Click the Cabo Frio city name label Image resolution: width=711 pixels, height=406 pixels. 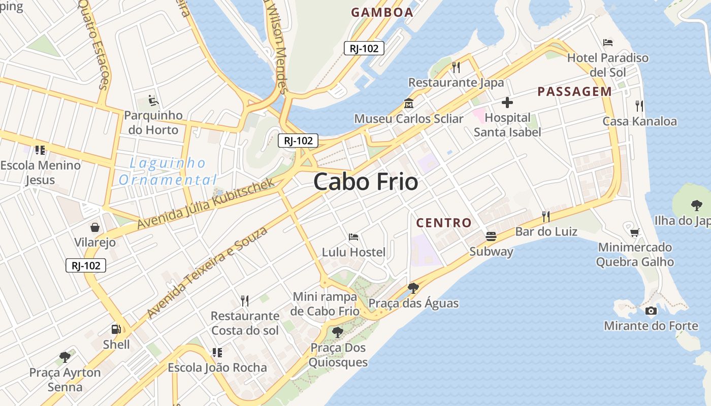[366, 182]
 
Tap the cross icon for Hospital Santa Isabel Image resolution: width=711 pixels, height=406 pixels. [507, 103]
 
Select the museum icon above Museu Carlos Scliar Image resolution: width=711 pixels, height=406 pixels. [408, 104]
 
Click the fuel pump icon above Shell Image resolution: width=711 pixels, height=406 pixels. [116, 329]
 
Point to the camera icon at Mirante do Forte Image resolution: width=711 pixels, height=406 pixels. [651, 311]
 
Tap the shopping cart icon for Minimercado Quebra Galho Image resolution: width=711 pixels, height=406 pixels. [634, 232]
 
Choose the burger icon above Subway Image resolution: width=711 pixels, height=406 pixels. [491, 236]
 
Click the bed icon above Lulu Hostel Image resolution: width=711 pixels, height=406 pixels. [353, 237]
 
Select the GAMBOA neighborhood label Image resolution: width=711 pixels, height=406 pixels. [382, 13]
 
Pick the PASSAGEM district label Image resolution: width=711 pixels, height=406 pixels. [574, 92]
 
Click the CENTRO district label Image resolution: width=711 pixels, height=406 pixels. [444, 223]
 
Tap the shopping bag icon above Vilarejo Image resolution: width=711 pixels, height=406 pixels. [95, 227]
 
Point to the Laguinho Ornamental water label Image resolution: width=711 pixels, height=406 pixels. [168, 172]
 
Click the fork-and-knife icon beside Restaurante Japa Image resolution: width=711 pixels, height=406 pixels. [456, 67]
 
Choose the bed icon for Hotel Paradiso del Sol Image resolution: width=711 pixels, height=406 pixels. [607, 43]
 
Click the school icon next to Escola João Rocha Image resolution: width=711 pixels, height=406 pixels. [217, 352]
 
